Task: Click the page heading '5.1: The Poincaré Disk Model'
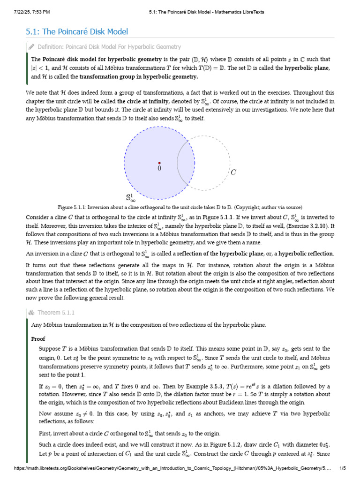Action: click(76, 32)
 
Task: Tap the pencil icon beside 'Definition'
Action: click(31, 47)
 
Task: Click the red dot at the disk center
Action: click(159, 163)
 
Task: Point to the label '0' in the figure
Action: click(159, 168)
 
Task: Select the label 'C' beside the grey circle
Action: click(233, 172)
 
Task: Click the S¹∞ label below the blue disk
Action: click(130, 197)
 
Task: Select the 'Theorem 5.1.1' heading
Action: click(56, 313)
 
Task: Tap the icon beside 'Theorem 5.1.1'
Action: click(31, 313)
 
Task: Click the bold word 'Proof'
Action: click(38, 338)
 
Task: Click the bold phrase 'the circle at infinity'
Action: click(142, 101)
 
